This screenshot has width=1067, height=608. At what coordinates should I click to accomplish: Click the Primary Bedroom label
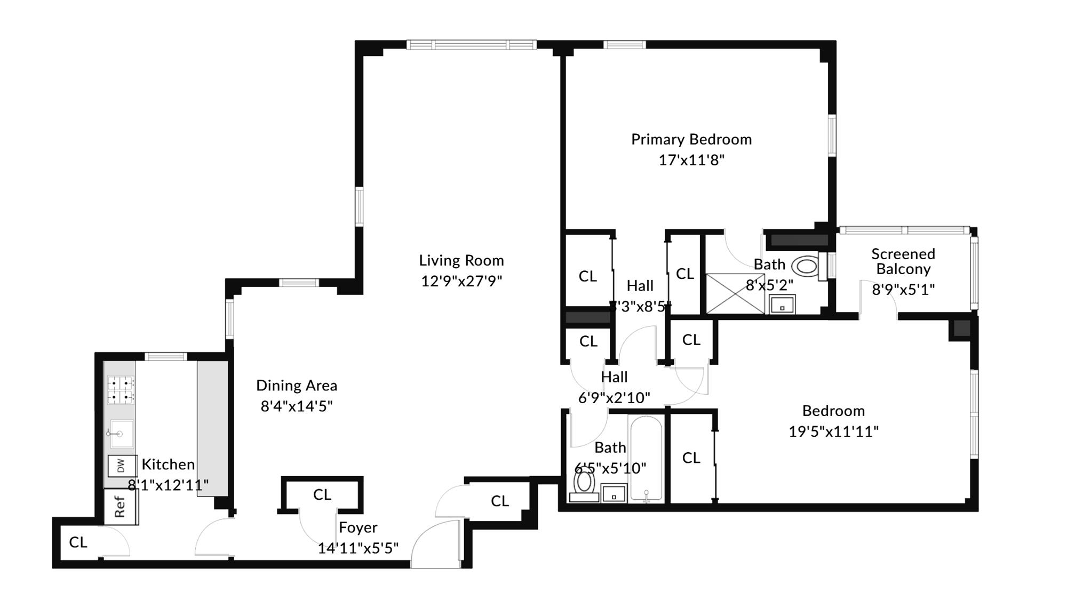click(x=691, y=139)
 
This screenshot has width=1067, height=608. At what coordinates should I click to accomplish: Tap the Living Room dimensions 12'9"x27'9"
click(x=461, y=281)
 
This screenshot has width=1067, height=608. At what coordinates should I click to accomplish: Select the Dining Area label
click(x=297, y=385)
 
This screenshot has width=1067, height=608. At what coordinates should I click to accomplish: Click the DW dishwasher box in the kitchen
click(x=121, y=466)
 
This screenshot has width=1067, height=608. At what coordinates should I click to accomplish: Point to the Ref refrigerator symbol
click(x=120, y=506)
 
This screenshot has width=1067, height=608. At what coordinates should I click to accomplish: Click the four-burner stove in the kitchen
click(x=121, y=390)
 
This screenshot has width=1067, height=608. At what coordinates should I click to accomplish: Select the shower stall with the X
click(x=735, y=293)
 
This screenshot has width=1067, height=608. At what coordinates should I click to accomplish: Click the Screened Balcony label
click(x=903, y=261)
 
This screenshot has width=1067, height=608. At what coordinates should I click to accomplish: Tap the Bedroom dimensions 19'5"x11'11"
click(x=833, y=431)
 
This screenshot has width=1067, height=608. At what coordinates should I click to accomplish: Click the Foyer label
click(x=358, y=527)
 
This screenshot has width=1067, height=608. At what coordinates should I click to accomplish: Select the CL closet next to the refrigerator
click(x=78, y=542)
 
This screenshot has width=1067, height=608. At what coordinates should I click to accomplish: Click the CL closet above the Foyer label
click(x=322, y=494)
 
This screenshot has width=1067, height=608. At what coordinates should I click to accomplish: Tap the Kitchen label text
click(x=168, y=465)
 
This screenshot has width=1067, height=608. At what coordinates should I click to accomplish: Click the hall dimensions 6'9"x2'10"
click(x=614, y=398)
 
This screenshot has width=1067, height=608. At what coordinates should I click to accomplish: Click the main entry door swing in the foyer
click(x=435, y=544)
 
